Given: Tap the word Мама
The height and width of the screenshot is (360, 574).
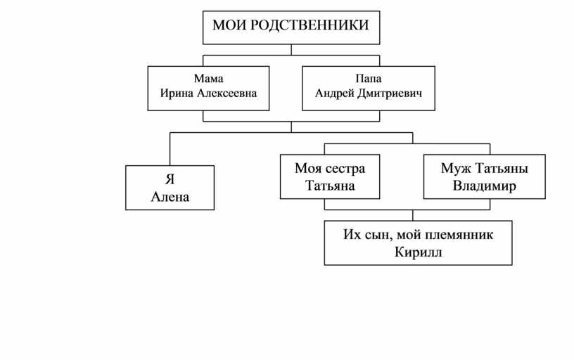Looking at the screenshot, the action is (209, 79).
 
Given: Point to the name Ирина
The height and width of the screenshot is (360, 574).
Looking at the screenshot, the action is (177, 94).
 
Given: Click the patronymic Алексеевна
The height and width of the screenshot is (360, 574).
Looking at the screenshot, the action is (227, 94).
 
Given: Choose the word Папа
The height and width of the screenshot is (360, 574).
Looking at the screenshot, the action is (369, 79).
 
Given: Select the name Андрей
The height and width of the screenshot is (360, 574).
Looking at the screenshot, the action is (335, 94).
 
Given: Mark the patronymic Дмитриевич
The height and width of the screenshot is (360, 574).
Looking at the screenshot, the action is (390, 94).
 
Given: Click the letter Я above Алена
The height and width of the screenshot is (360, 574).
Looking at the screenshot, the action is (170, 179).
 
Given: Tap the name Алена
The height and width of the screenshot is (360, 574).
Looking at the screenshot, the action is (170, 197).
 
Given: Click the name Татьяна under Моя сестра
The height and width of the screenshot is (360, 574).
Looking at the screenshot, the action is (330, 186).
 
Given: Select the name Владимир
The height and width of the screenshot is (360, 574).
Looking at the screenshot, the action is (484, 186).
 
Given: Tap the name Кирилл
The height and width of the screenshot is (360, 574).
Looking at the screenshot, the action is (418, 252).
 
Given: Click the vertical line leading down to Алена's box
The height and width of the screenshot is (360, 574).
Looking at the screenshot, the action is (170, 149).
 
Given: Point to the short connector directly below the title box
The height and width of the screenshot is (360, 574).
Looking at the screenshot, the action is (291, 50).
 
